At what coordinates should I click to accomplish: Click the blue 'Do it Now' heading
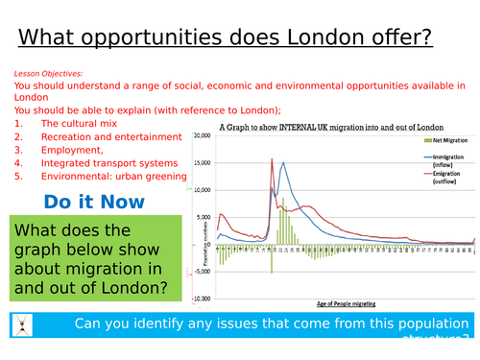coord(94,202)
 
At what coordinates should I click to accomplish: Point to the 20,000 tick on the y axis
coord(203,135)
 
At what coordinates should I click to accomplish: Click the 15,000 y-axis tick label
coord(203,162)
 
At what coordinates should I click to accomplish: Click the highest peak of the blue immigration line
coord(282,162)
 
